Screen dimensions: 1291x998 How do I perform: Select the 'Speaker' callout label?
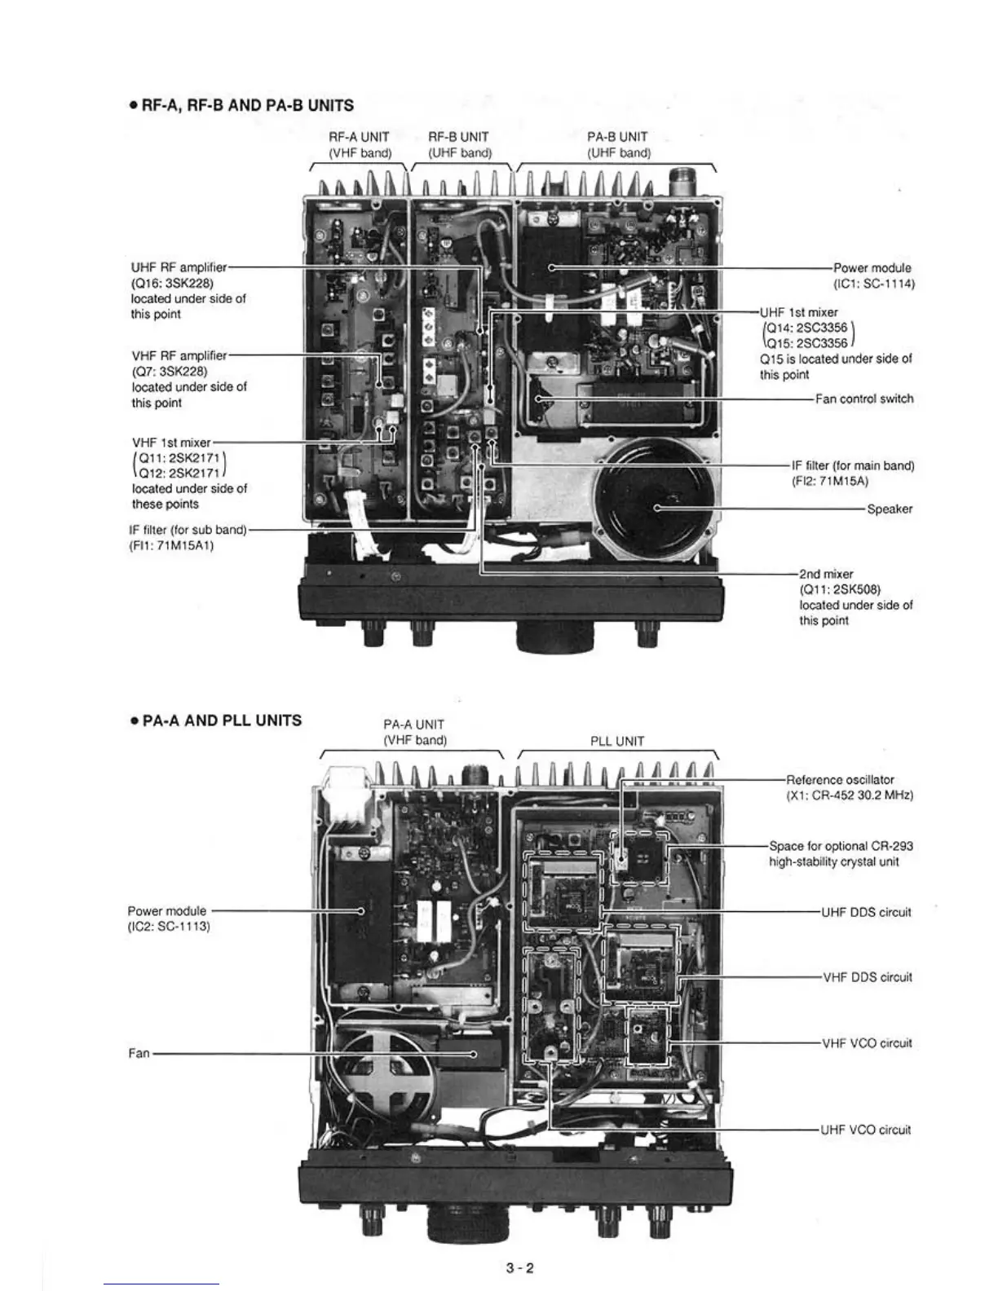pyautogui.click(x=890, y=509)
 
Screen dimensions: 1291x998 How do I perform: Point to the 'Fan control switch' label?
pyautogui.click(x=864, y=399)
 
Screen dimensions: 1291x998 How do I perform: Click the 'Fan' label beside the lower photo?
pyautogui.click(x=139, y=1054)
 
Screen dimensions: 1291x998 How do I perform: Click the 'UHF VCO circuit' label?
pyautogui.click(x=865, y=1130)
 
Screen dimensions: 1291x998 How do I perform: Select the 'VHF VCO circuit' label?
pyautogui.click(x=866, y=1043)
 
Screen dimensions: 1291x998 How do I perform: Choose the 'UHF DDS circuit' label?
pyautogui.click(x=866, y=912)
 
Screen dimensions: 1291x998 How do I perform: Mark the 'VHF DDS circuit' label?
pyautogui.click(x=866, y=977)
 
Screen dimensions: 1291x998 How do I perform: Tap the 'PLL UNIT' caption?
pyautogui.click(x=617, y=742)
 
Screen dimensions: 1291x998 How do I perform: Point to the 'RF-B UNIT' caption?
pyautogui.click(x=458, y=137)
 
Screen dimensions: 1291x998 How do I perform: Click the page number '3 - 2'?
pyautogui.click(x=519, y=1267)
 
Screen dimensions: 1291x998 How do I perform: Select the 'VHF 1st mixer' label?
pyautogui.click(x=171, y=443)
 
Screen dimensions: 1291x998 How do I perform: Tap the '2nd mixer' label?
pyautogui.click(x=826, y=574)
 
